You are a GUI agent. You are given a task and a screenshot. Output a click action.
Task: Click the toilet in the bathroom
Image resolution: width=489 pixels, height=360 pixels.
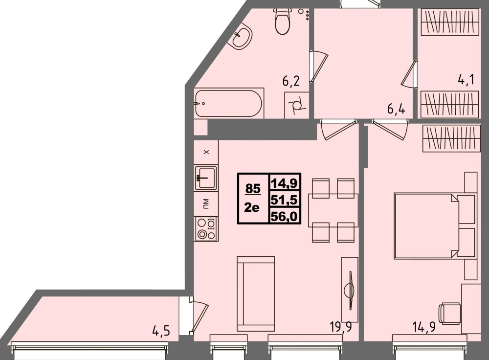coord(282,22)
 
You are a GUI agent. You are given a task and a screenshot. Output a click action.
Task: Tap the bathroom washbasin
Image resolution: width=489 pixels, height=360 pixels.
coord(242,37)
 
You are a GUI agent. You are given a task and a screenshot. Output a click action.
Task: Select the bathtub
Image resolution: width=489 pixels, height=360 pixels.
coord(229,103)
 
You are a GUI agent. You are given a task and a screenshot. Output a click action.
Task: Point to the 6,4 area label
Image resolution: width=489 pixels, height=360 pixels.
coord(397,109)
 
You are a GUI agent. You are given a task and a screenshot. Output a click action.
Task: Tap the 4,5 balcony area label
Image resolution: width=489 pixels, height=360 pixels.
coord(161,332)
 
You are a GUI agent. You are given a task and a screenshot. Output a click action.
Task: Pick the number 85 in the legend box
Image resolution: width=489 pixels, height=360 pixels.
coord(253,188)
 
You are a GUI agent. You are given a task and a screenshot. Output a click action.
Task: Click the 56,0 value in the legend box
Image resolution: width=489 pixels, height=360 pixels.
coord(285,215)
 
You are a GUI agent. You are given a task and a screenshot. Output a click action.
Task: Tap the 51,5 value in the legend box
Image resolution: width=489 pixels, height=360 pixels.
coord(285,200)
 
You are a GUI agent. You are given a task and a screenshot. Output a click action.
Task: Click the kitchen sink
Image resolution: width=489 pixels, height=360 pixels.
coord(205,177)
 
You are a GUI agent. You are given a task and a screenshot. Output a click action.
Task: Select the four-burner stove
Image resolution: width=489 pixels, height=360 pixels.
coord(205,229)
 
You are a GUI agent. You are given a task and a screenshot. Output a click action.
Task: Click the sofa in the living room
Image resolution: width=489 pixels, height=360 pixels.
coord(255,293)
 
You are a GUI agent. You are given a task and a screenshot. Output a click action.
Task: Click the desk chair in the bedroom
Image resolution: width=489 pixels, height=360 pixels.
coord(450,313)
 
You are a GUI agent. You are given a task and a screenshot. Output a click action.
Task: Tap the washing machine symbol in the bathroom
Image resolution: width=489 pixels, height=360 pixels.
coord(297,105)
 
